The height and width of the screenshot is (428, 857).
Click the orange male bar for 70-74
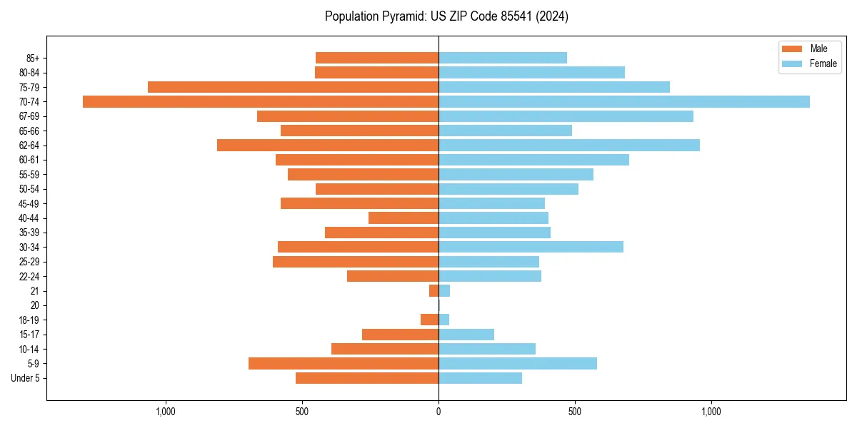tap(261, 101)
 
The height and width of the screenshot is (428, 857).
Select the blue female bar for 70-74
tap(624, 101)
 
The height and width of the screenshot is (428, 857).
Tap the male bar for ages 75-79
tap(293, 87)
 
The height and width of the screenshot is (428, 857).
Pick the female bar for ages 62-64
tap(569, 145)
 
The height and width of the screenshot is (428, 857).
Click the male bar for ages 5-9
tap(344, 363)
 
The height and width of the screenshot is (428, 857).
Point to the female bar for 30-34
tap(531, 247)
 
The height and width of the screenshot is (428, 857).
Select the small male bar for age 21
tap(433, 290)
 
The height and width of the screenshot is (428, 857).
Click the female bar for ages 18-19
tap(444, 320)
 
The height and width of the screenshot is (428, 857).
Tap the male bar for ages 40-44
tap(404, 218)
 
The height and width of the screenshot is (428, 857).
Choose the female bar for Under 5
tap(480, 378)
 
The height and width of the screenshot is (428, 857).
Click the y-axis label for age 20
tap(35, 305)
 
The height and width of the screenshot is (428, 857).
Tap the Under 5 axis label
tap(25, 378)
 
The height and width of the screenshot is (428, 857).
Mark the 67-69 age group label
tap(29, 116)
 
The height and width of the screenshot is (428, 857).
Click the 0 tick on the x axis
tap(438, 412)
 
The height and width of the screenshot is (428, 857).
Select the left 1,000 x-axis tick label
tap(166, 412)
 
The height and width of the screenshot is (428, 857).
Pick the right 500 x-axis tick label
tap(575, 412)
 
